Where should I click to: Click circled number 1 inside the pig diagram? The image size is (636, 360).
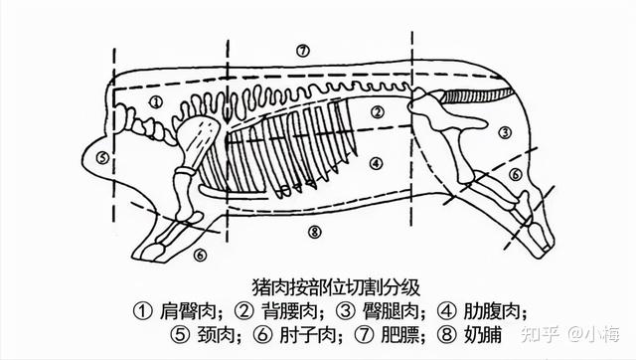[x=156, y=101]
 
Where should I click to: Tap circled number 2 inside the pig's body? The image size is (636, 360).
[x=378, y=112]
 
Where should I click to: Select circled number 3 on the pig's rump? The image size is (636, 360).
[x=505, y=132]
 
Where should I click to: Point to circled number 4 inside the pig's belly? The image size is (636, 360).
[x=377, y=163]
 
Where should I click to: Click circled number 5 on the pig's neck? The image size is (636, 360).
[x=103, y=157]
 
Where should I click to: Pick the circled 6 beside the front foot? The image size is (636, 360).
[x=200, y=255]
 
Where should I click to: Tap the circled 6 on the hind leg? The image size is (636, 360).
[x=515, y=174]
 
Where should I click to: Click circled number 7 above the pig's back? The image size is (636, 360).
[x=302, y=51]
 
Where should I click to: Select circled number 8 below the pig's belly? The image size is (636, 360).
[x=314, y=232]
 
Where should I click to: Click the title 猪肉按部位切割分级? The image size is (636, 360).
[x=336, y=287]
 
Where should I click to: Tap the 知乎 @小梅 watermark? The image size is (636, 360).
[x=570, y=334]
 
